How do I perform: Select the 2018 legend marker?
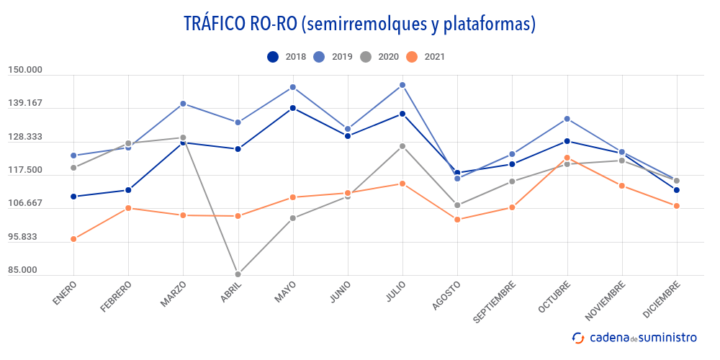(x=273, y=57)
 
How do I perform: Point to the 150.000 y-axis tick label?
(x=25, y=70)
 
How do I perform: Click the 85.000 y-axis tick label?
(x=25, y=270)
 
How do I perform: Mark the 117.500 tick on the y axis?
(x=25, y=170)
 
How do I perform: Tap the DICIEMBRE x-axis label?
(x=660, y=299)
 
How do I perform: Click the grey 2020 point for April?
(x=238, y=274)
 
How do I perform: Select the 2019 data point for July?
(x=402, y=85)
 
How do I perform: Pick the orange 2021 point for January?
(x=73, y=239)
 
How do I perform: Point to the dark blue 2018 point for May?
(x=293, y=108)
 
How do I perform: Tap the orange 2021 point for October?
(x=567, y=158)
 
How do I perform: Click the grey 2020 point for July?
(x=402, y=146)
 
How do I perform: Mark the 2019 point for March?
(x=183, y=104)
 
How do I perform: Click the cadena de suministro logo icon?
(x=577, y=337)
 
